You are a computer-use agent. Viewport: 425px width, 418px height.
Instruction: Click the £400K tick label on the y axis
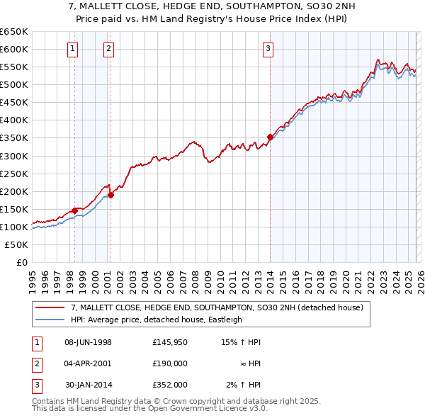tap(13, 120)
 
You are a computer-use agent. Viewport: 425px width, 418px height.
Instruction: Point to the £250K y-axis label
tap(13, 174)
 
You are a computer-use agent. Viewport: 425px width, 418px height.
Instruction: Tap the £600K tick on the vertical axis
tap(13, 49)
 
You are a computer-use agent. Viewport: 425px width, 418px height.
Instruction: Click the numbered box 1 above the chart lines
tap(74, 49)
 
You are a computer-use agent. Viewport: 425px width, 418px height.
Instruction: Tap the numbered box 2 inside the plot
tap(108, 49)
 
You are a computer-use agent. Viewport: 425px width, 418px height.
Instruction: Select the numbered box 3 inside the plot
tap(268, 49)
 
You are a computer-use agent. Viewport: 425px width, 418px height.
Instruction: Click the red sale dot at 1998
tap(74, 210)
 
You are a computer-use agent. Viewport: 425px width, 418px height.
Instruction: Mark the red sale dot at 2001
tap(110, 195)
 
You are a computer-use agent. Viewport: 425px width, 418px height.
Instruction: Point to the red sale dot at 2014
tap(270, 137)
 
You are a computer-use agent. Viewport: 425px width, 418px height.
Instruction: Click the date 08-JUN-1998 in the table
tap(88, 342)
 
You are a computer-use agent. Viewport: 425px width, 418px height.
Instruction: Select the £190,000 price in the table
tap(169, 363)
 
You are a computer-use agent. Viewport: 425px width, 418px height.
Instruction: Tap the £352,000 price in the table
tap(169, 385)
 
